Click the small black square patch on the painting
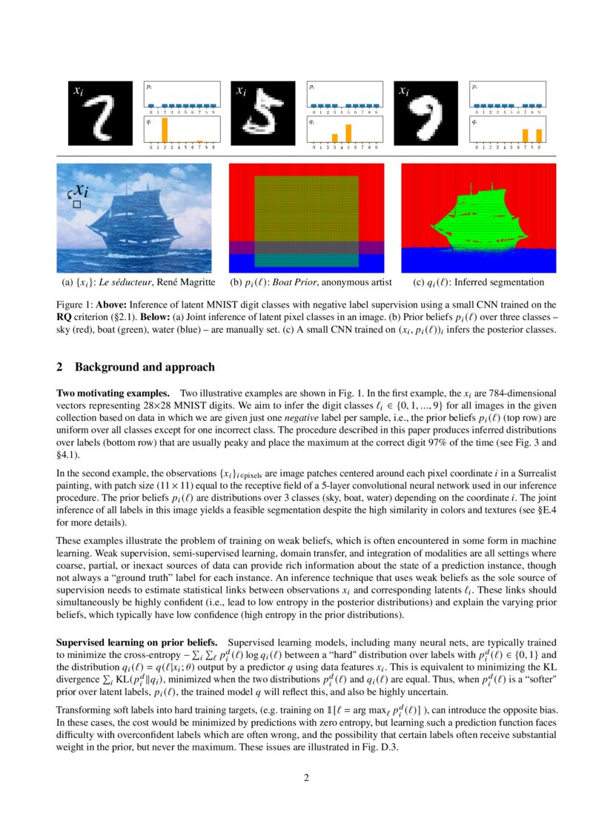[76, 203]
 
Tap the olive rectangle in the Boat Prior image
[306, 209]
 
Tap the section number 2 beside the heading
[60, 367]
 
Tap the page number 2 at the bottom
[306, 777]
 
